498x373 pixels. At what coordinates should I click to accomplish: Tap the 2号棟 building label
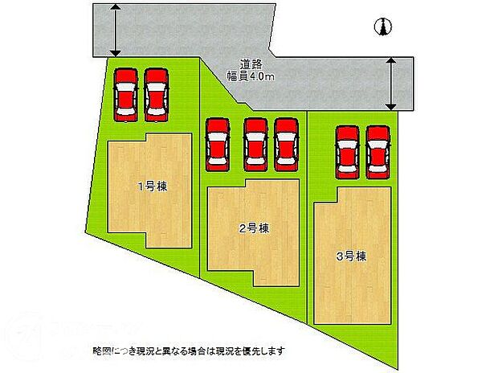point(253,228)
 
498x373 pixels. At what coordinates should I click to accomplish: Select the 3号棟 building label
point(352,257)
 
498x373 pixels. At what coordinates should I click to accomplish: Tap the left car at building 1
point(126,94)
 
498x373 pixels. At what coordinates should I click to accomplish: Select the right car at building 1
point(157,94)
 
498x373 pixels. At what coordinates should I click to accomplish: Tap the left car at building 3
point(348,150)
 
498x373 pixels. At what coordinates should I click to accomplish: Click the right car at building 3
point(378,150)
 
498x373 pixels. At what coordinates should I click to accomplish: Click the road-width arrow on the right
point(391,83)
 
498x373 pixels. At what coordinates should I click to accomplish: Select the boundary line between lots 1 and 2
point(200,201)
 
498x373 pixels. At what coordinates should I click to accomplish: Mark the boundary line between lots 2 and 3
point(307,217)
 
